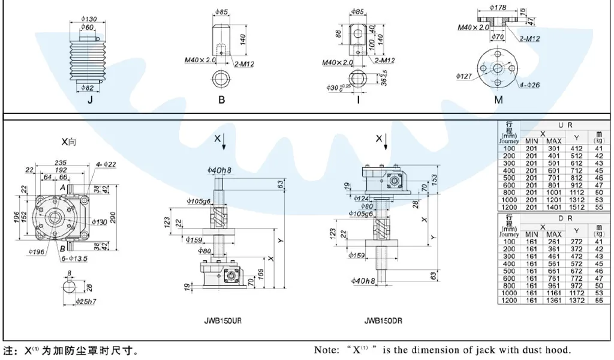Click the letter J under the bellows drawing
tap(91, 100)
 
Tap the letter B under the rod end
tap(221, 100)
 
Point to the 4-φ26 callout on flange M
tap(529, 85)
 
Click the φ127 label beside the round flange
tap(464, 76)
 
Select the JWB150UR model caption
tap(223, 320)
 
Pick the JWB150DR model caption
tap(384, 320)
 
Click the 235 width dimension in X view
tap(61, 162)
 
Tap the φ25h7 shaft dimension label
tap(86, 299)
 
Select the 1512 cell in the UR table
tap(576, 207)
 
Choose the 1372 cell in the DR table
tap(576, 300)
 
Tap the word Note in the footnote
tap(327, 350)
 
